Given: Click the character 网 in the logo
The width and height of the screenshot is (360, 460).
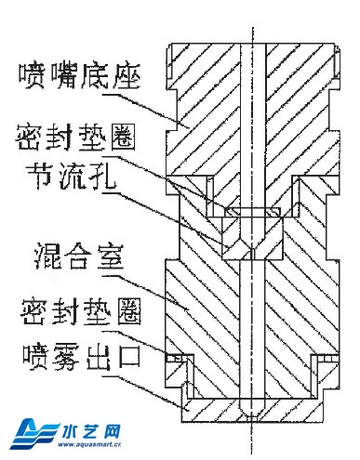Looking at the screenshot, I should (113, 431).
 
